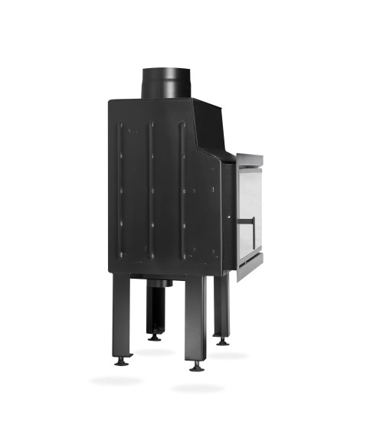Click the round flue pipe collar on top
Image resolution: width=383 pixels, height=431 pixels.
[x=165, y=83]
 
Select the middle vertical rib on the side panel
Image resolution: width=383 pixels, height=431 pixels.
[x=151, y=191]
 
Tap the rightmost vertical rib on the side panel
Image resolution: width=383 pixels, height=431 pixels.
[x=182, y=191]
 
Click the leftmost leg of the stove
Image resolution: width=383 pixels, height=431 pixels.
[x=123, y=314]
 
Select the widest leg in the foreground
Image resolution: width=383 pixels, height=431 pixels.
[x=195, y=318]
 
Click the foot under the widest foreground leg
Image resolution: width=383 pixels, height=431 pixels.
[x=196, y=367]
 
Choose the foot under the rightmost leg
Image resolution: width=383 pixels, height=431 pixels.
[x=222, y=341]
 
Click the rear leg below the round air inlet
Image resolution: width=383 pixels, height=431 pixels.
[x=155, y=310]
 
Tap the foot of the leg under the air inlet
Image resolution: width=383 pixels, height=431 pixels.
[x=155, y=337]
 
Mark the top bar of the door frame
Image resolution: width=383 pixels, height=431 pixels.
[x=250, y=159]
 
